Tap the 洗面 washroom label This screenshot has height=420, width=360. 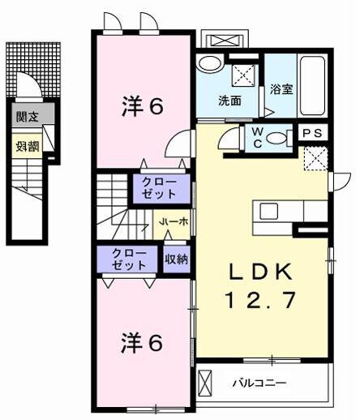[x=229, y=101]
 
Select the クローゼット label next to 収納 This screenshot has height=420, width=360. [x=130, y=259]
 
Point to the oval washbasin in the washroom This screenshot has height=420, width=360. [x=210, y=65]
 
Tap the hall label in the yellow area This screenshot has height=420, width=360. [x=173, y=221]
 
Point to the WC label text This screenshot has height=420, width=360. [x=257, y=137]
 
